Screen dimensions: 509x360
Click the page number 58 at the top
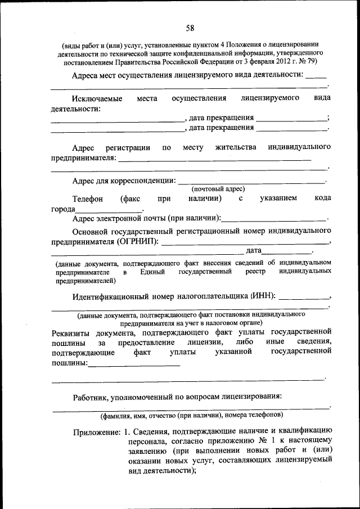(x=190, y=28)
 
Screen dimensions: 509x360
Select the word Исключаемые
(x=98, y=98)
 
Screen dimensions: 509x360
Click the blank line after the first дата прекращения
(x=290, y=119)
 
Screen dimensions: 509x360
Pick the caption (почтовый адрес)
(x=218, y=189)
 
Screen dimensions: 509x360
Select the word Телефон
(x=88, y=199)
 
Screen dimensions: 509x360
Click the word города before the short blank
(x=63, y=209)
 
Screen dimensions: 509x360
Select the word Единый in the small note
(x=152, y=272)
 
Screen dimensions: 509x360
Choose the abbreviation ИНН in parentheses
(x=263, y=295)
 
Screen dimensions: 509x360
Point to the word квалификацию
(x=304, y=432)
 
